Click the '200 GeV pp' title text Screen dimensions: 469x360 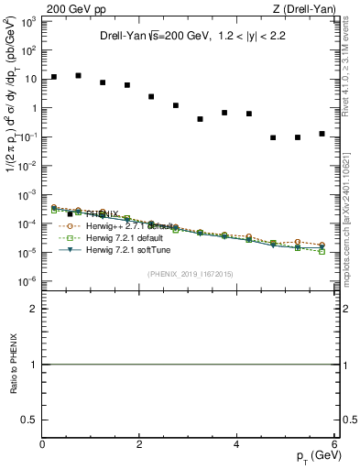(x=76, y=11)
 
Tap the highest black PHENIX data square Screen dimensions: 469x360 (x=78, y=76)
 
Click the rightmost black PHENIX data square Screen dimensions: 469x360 (x=322, y=134)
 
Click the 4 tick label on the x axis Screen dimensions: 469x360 (x=237, y=444)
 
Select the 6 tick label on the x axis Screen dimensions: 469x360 (x=334, y=444)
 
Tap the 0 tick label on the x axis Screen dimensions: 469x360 (x=43, y=444)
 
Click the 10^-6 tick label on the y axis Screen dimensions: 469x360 (x=29, y=281)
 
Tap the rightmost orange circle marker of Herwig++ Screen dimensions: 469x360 (x=322, y=245)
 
